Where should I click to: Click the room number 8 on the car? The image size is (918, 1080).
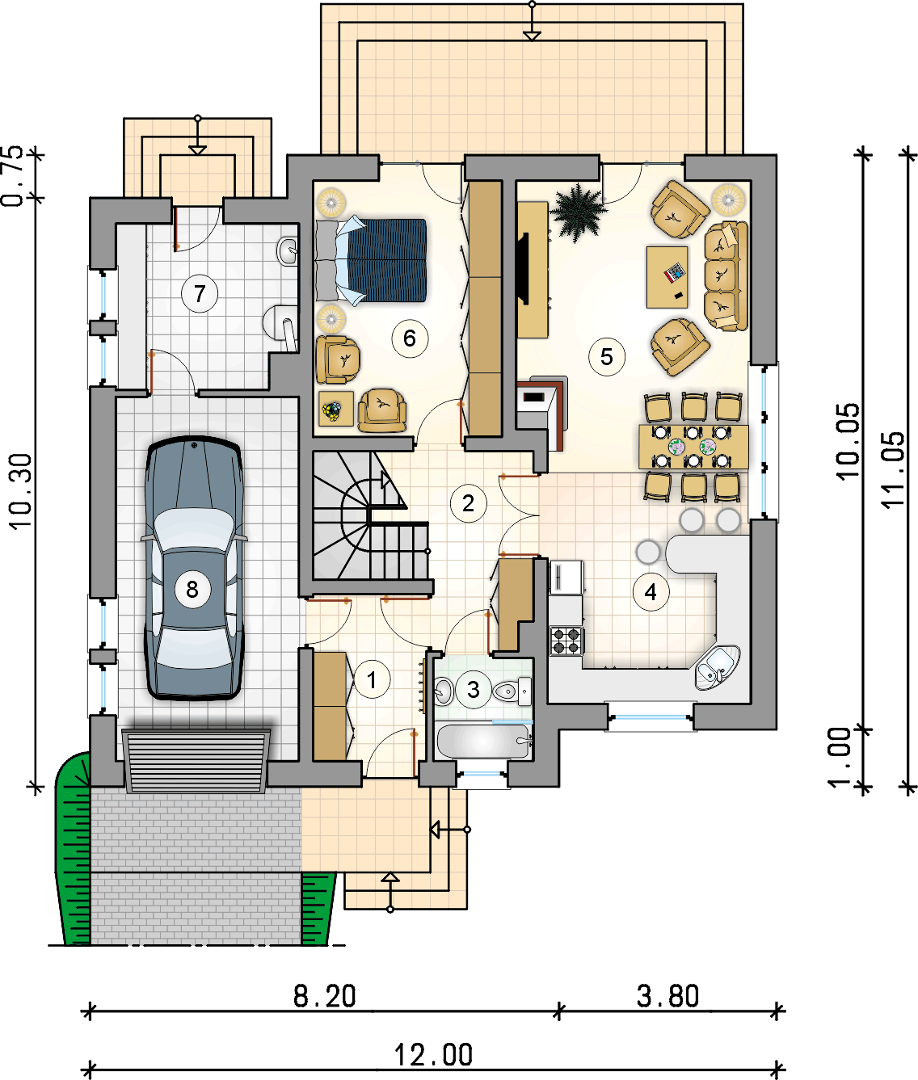[192, 590]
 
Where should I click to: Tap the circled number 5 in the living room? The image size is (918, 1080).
[606, 357]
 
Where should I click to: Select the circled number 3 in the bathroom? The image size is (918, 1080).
[473, 690]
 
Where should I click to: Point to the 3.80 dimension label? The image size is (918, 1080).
[667, 996]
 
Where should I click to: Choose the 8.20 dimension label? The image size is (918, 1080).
[324, 996]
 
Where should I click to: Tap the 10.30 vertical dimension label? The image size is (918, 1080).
[21, 491]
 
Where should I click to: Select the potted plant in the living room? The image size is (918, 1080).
[578, 212]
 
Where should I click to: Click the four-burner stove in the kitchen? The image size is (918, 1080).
[566, 641]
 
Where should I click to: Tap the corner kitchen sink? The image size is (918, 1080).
[718, 667]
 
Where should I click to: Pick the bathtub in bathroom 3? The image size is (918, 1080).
[483, 741]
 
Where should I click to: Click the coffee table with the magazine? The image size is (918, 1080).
[667, 277]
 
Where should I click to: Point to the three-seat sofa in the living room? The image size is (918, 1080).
[726, 275]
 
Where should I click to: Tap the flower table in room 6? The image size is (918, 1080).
[335, 409]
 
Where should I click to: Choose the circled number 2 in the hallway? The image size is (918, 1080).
[468, 503]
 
